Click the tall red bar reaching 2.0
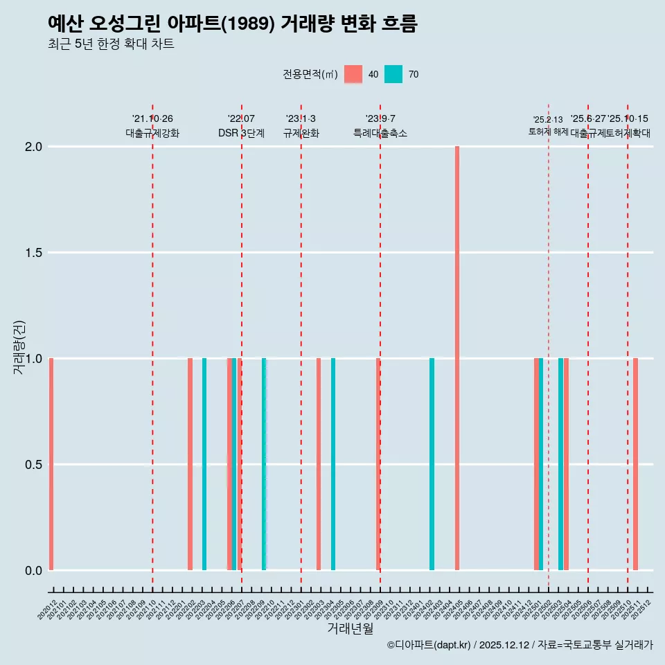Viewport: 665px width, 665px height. tap(457, 358)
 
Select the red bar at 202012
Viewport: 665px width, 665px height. tap(51, 464)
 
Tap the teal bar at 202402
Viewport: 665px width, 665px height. tap(432, 464)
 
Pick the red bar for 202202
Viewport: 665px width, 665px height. tap(190, 464)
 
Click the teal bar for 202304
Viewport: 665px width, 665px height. tap(333, 464)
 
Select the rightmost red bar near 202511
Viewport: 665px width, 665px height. tap(635, 464)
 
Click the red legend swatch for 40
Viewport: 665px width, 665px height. tap(353, 74)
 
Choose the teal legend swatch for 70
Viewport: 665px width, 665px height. tap(393, 74)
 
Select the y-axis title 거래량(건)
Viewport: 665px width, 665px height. tap(19, 348)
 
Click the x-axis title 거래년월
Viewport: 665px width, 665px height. tap(350, 628)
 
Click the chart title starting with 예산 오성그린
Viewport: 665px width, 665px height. tap(233, 24)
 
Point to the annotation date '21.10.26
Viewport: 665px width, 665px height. tap(152, 119)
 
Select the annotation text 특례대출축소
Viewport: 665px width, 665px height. tap(380, 133)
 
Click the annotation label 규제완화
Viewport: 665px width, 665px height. tap(301, 133)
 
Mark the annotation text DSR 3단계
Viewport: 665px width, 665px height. tap(241, 133)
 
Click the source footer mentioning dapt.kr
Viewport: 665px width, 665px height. tap(520, 646)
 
